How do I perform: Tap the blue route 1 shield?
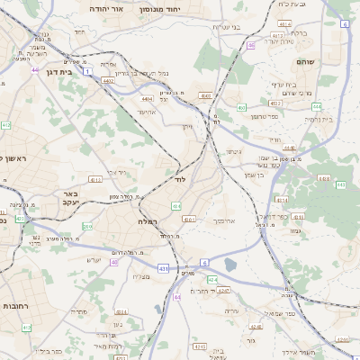coord(87,69)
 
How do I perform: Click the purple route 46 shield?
coord(251,44)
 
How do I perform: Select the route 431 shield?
coord(162,268)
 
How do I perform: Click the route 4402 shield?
coord(107,81)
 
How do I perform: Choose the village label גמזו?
coord(295,230)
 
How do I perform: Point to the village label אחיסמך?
coord(225,220)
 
